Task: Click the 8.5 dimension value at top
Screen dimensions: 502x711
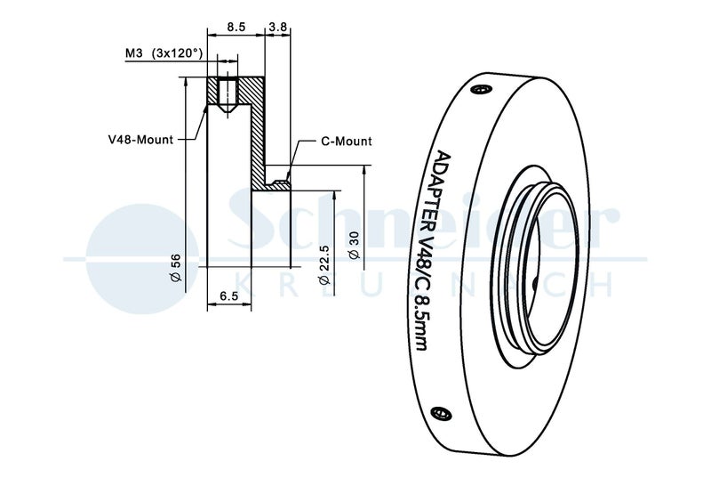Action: click(x=236, y=28)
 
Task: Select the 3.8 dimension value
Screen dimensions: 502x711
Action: click(x=277, y=28)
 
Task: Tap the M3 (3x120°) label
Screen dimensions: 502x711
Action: click(x=164, y=54)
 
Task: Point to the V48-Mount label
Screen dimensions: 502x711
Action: click(x=139, y=139)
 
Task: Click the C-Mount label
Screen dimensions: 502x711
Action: click(x=348, y=142)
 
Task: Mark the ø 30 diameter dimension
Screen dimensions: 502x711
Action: click(x=354, y=245)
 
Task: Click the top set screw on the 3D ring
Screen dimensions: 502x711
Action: click(x=482, y=89)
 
